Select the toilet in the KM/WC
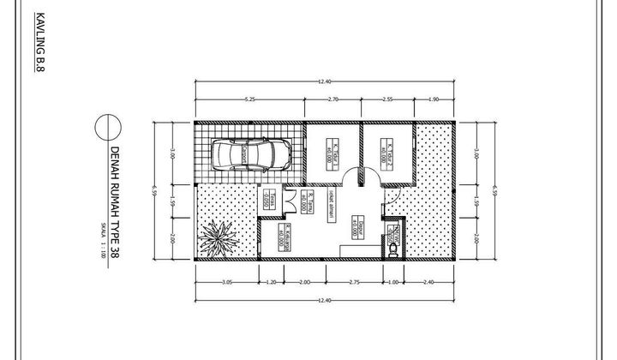pyautogui.click(x=392, y=249)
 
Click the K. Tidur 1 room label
pyautogui.click(x=331, y=153)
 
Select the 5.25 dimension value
pyautogui.click(x=249, y=99)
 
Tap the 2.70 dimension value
pyautogui.click(x=333, y=99)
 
